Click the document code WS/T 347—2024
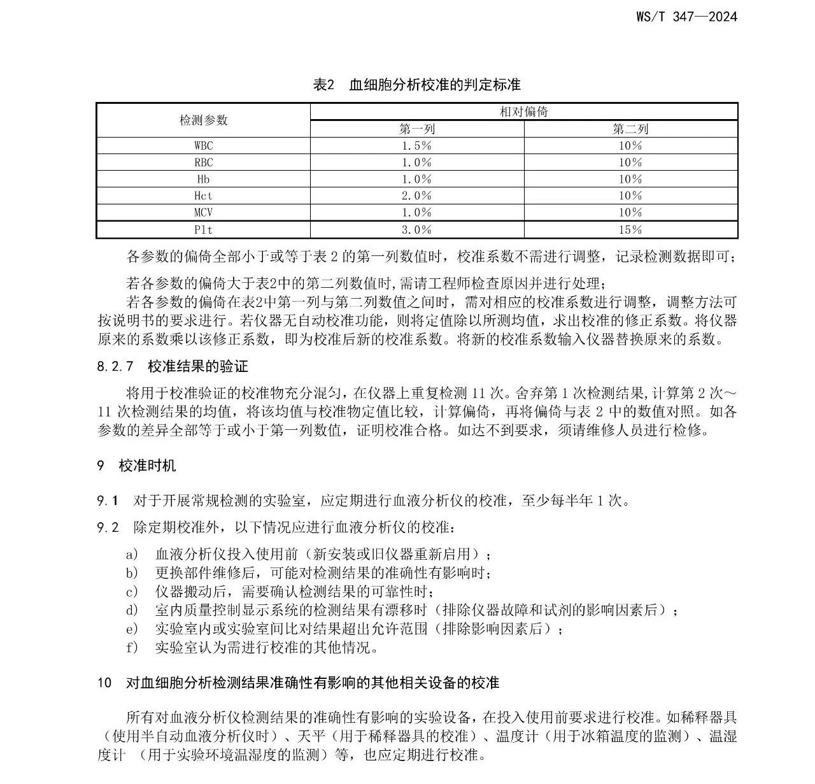click(x=686, y=17)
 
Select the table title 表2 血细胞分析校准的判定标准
click(x=417, y=85)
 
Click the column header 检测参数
click(x=203, y=120)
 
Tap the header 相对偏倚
click(x=523, y=112)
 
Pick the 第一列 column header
click(x=416, y=129)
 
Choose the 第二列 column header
click(x=630, y=129)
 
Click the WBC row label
click(x=203, y=146)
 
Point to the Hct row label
click(x=203, y=196)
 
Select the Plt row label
click(x=203, y=229)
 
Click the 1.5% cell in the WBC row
click(x=416, y=146)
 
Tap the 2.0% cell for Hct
click(x=416, y=196)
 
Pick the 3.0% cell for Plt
click(x=416, y=229)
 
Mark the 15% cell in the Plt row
click(x=630, y=229)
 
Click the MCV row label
click(x=203, y=212)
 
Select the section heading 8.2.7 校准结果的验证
click(x=173, y=366)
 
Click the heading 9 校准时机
click(x=136, y=466)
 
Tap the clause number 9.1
click(x=108, y=501)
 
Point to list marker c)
click(x=132, y=592)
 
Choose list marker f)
click(x=132, y=648)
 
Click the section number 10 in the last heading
click(x=104, y=683)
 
